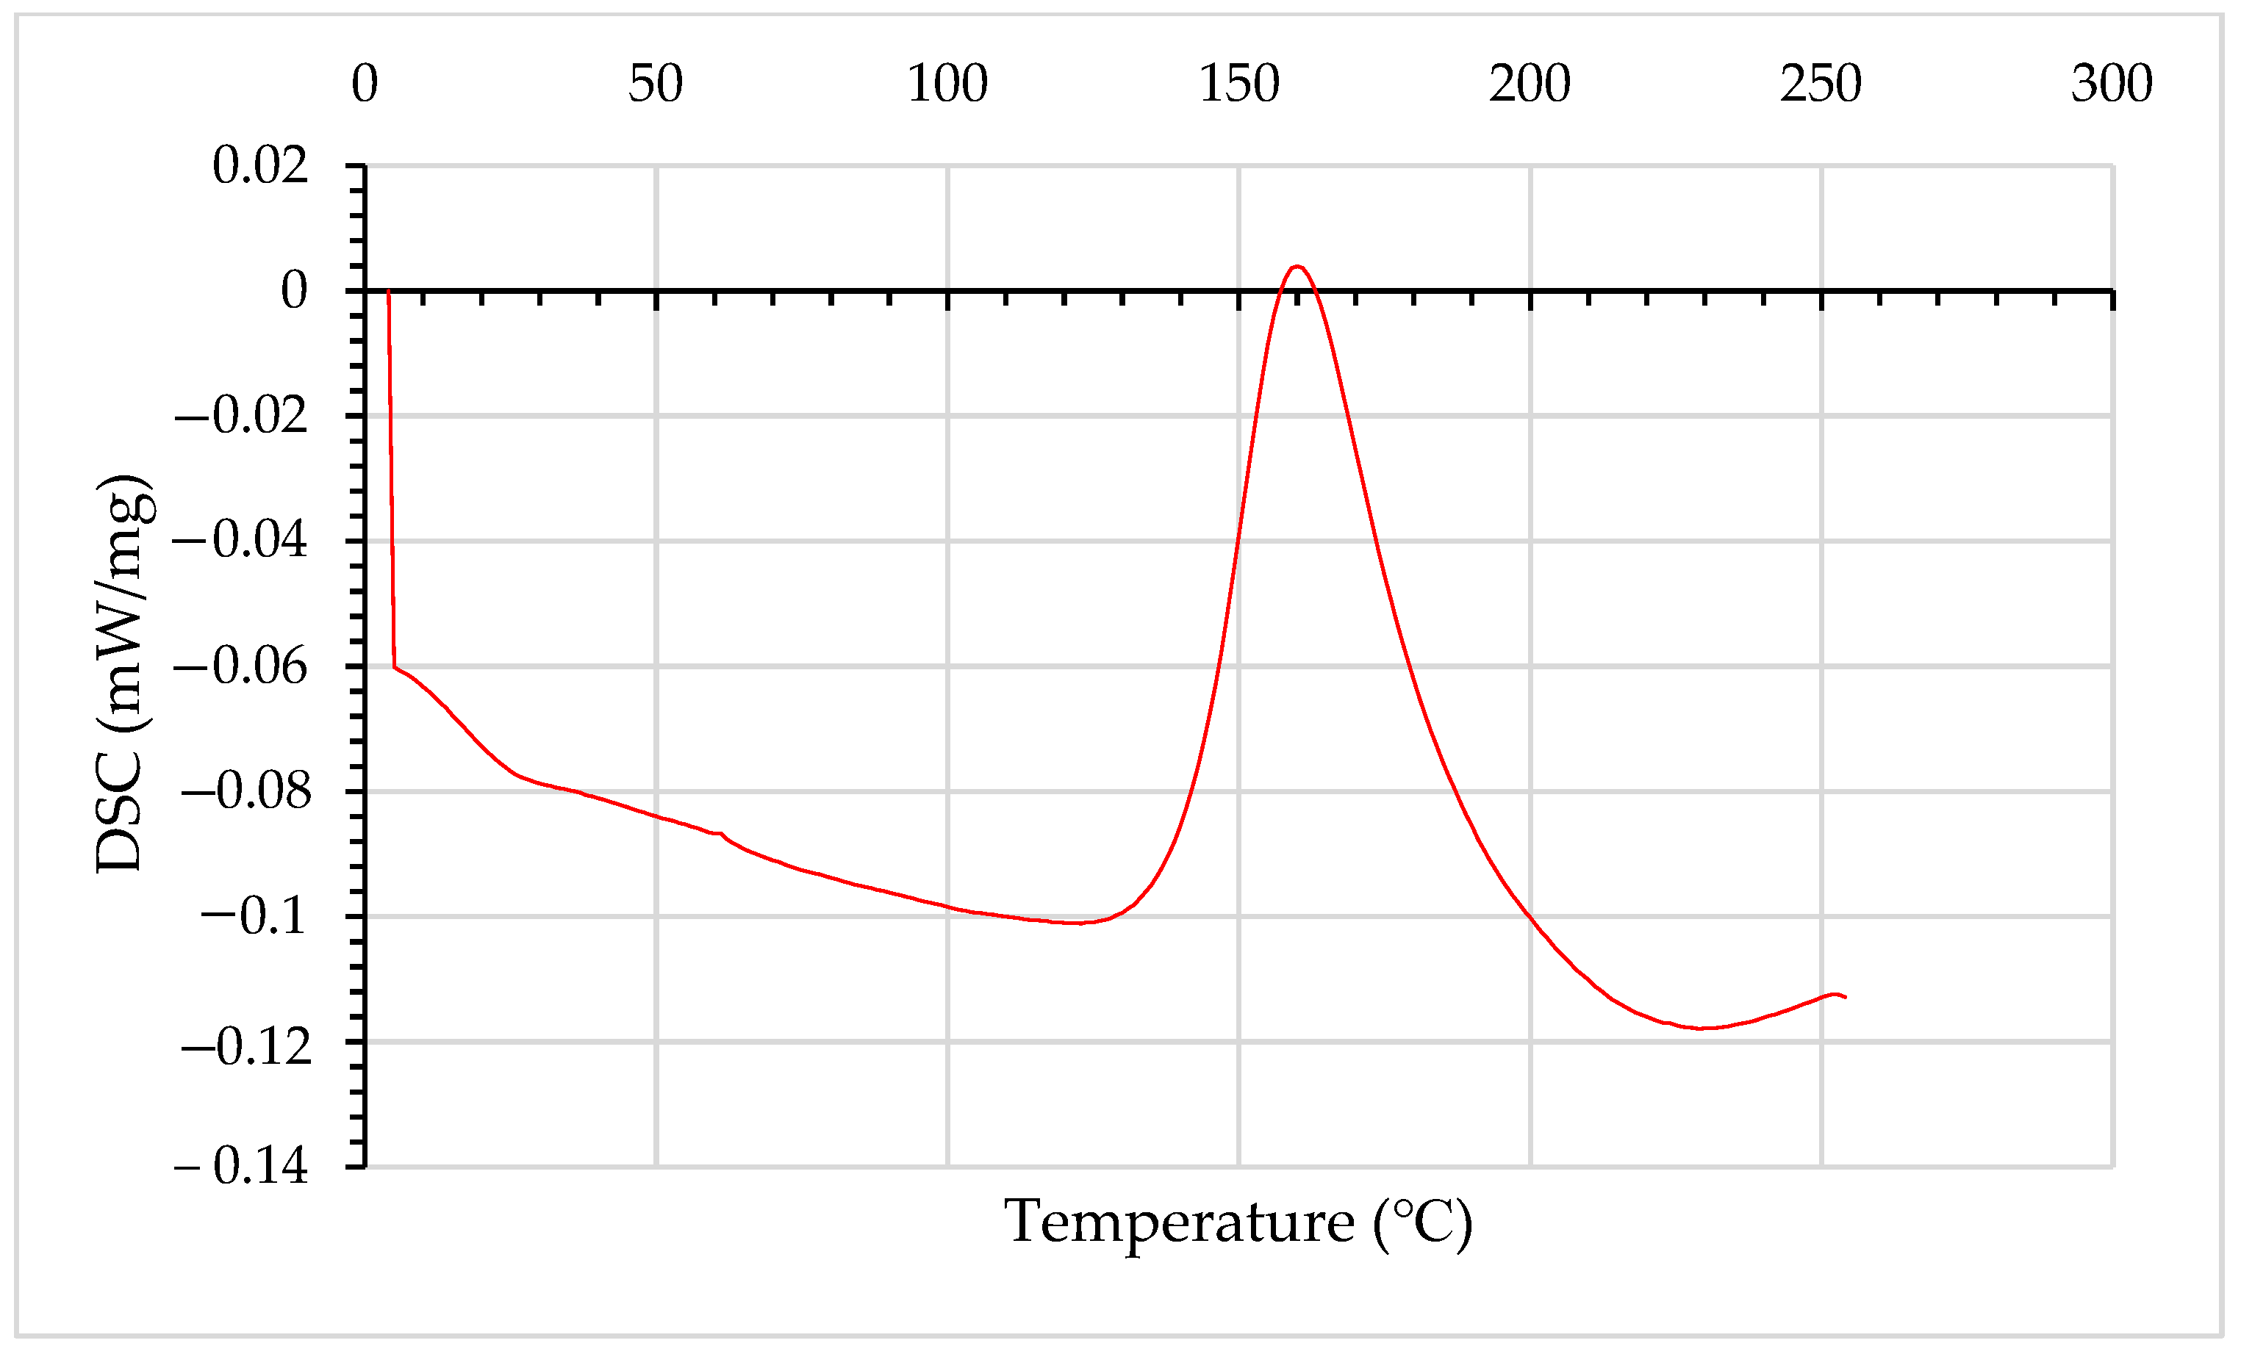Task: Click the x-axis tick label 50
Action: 655,84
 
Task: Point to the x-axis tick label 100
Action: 947,84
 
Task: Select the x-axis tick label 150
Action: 1238,84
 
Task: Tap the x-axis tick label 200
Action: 1530,84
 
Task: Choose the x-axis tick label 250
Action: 1821,84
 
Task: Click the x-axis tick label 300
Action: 2112,84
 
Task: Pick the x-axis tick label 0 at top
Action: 365,84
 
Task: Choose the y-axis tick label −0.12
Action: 245,1048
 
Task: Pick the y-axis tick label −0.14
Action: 241,1166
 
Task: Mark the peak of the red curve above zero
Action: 1298,267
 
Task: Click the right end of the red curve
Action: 1846,998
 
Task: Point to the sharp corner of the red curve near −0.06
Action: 394,668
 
